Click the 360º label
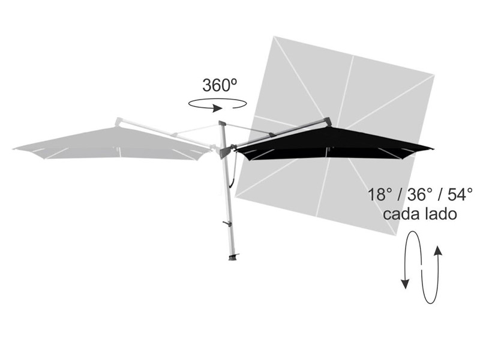[220, 85]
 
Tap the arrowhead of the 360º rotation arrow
[218, 108]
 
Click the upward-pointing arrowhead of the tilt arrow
[438, 250]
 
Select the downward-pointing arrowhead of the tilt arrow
[406, 284]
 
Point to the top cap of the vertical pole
[222, 123]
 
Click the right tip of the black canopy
[433, 149]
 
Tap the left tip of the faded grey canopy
[13, 149]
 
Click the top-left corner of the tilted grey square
[274, 37]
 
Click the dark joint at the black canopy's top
[328, 121]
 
